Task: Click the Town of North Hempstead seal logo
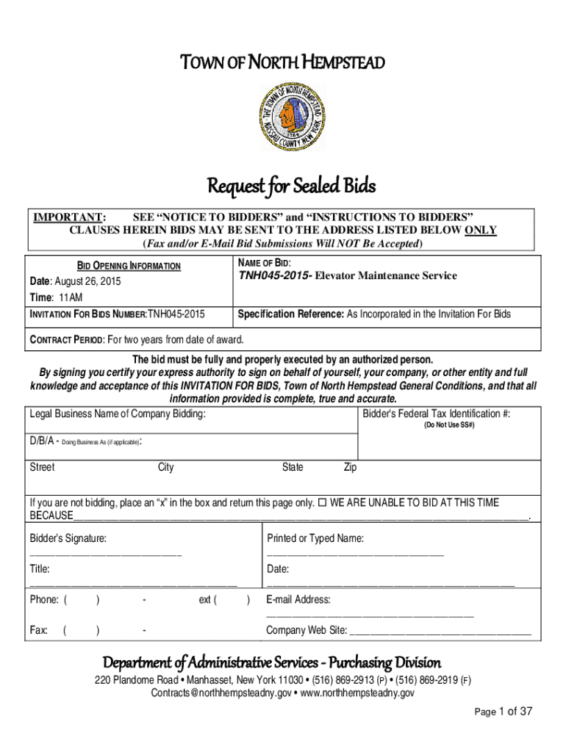point(290,116)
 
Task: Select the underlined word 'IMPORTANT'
point(66,217)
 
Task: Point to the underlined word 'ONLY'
point(481,230)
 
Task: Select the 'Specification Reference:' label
point(290,314)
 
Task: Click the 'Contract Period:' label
point(66,339)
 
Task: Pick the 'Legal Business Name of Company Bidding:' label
point(118,414)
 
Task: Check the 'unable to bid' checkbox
point(322,503)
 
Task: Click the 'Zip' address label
point(351,467)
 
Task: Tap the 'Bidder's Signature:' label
point(68,539)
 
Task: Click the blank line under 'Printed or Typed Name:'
point(355,553)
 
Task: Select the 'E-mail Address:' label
point(298,600)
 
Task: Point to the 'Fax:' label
point(38,630)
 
